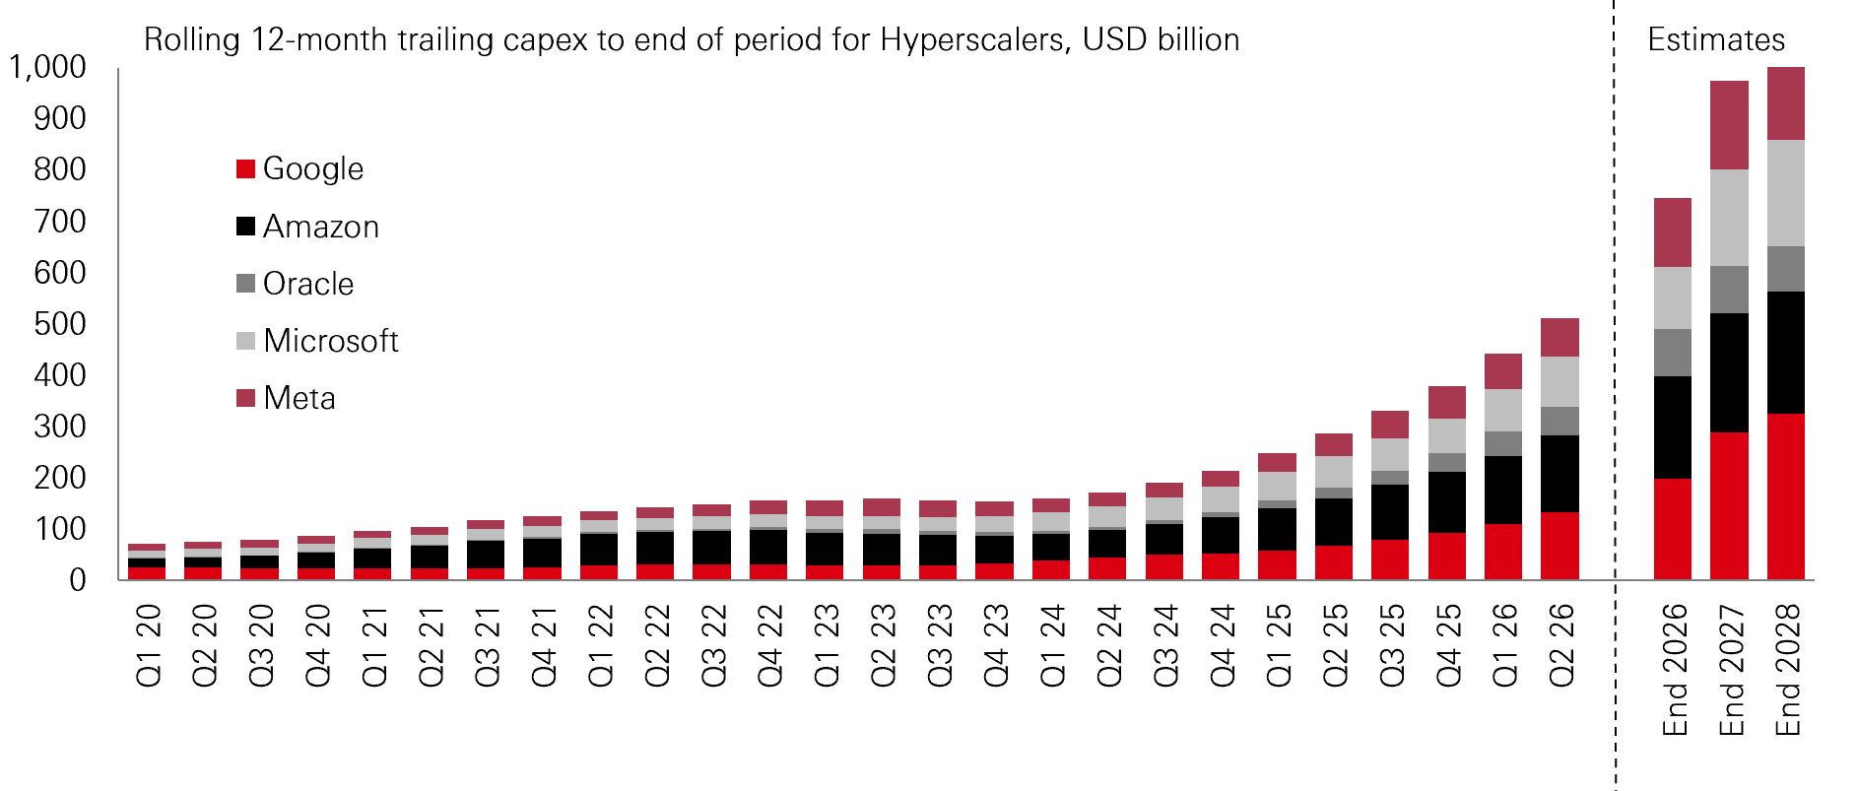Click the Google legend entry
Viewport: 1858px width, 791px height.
300,168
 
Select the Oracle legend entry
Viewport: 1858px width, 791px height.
296,284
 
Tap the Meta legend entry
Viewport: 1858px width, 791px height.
287,398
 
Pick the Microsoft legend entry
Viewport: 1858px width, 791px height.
318,341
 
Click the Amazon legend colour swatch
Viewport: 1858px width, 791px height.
246,227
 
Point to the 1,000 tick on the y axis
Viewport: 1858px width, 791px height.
47,67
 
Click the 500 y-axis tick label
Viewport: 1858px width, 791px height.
60,323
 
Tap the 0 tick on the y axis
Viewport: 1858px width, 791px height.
78,579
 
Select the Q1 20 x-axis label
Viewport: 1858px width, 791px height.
148,645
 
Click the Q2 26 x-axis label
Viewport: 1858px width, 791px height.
1561,645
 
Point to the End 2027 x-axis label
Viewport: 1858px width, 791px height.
1731,670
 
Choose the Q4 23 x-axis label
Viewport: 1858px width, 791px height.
996,645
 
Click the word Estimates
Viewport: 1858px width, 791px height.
1716,39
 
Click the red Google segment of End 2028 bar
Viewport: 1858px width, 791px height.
1786,496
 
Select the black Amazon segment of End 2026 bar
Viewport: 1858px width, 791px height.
1673,428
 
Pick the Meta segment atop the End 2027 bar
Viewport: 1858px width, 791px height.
1730,125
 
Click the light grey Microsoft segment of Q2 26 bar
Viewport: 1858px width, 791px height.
1560,382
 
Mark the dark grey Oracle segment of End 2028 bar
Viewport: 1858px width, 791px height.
1786,269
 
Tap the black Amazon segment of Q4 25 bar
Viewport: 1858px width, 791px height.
1447,502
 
